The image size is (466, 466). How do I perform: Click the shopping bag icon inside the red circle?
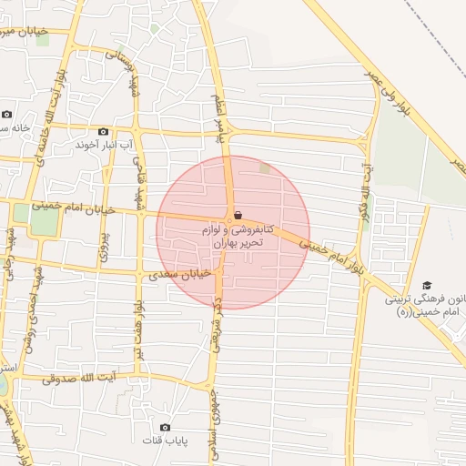point(238,216)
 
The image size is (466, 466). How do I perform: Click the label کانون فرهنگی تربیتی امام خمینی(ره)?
point(424,305)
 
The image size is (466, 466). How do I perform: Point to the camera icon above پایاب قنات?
point(165,427)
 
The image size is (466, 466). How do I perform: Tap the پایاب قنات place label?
point(165,441)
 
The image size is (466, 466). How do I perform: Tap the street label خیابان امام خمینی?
point(74,208)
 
